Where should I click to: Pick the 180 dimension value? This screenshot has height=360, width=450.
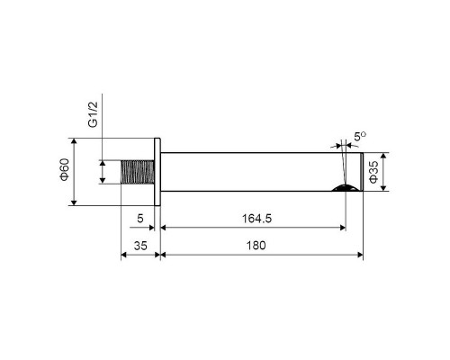[x=261, y=245]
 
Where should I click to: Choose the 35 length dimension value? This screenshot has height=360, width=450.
[x=139, y=245]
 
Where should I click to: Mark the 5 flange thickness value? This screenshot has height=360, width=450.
[x=139, y=217]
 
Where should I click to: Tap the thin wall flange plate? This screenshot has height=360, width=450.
[x=157, y=171]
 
